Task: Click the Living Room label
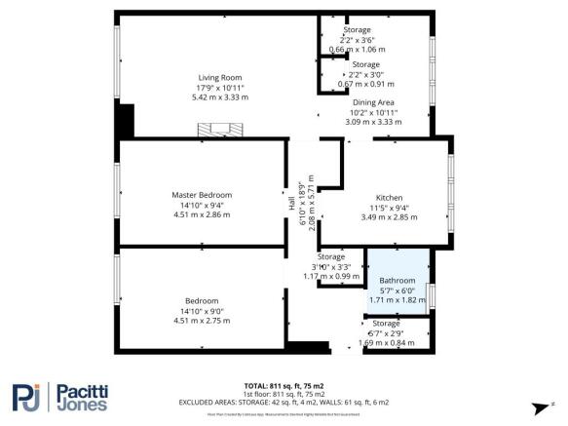pyautogui.click(x=219, y=78)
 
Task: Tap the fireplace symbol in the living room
pyautogui.click(x=217, y=129)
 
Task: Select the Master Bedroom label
pyautogui.click(x=202, y=195)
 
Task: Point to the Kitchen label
pyautogui.click(x=389, y=198)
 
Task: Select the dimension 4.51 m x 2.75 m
pyautogui.click(x=202, y=321)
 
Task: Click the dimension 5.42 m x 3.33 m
pyautogui.click(x=219, y=97)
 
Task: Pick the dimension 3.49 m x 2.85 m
pyautogui.click(x=389, y=216)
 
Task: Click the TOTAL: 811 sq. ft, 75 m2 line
pyautogui.click(x=284, y=385)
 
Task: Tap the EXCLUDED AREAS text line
pyautogui.click(x=284, y=402)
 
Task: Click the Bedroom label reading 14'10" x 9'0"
pyautogui.click(x=202, y=310)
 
